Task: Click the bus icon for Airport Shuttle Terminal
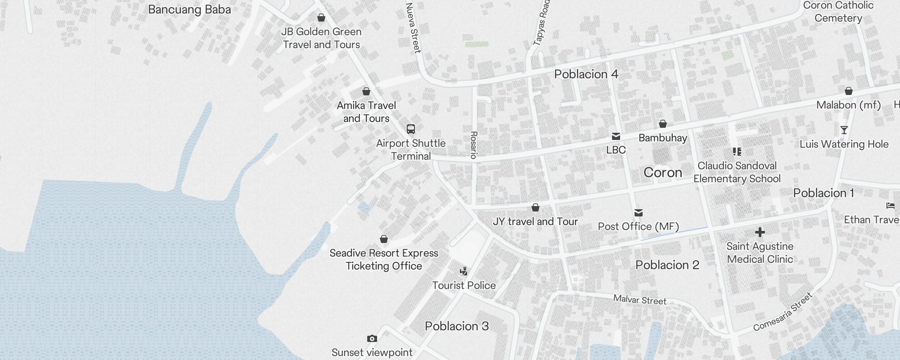pos(410,129)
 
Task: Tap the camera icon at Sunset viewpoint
pos(372,338)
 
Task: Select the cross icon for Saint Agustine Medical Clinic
pos(760,232)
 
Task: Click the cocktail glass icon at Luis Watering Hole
pos(844,130)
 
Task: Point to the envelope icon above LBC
pos(616,136)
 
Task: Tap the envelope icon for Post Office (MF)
pos(638,212)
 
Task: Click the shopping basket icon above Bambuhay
pos(662,124)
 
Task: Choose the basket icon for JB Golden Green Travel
pos(321,18)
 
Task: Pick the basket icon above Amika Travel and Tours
pos(366,92)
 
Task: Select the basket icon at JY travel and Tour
pos(535,207)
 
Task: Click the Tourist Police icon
pos(463,271)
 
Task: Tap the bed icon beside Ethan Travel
pos(890,206)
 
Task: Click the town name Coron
pos(662,172)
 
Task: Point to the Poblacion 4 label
pos(586,74)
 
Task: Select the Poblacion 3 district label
pos(456,326)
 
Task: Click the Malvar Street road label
pos(639,300)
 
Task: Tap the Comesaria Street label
pos(783,312)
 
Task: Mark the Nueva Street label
pos(413,28)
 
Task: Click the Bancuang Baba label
pos(189,9)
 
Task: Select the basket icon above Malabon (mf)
pos(848,91)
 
